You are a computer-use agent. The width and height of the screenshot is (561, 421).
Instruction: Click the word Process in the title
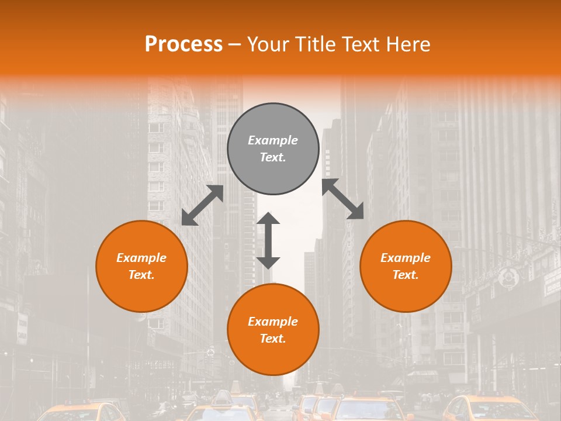(x=183, y=44)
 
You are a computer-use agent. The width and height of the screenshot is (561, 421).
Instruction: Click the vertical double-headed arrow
(x=268, y=240)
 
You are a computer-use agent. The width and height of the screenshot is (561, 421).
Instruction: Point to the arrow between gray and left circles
(x=203, y=205)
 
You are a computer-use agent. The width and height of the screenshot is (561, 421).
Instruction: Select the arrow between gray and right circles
(x=343, y=199)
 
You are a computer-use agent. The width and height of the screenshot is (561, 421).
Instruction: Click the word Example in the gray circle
(x=273, y=140)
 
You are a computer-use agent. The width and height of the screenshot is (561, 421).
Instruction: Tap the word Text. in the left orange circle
(x=141, y=275)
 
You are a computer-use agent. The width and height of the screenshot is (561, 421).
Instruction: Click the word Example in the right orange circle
(x=406, y=258)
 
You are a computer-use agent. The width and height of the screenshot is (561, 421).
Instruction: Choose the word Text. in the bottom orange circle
(x=273, y=339)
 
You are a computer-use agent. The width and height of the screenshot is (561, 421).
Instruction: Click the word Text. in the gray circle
(x=273, y=157)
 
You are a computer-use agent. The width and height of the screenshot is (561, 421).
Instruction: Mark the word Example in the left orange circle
(x=141, y=258)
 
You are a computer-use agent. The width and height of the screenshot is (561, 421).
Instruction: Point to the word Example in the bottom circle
(x=273, y=322)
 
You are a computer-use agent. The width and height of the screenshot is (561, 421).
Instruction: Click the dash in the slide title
(x=235, y=44)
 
